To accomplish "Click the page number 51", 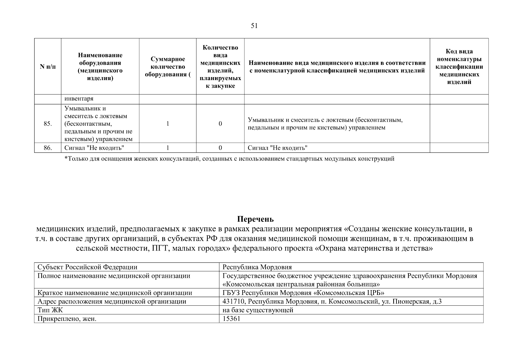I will coord(254,26).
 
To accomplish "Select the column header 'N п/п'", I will coord(48,67).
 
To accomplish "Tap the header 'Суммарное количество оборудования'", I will coord(168,67).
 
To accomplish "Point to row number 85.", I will coord(48,124).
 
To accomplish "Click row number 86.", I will coord(48,148).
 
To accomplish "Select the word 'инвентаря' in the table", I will coord(79,99).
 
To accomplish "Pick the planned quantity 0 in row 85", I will coord(220,124).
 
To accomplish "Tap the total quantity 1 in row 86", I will coord(168,148).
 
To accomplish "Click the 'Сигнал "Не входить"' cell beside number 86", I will coord(94,148).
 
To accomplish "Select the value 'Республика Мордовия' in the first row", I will coord(257,267).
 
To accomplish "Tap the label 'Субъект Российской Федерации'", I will coord(87,267).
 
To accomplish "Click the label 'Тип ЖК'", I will coord(50,310).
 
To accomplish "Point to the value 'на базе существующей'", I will coord(258,310).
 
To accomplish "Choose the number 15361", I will coord(231,319).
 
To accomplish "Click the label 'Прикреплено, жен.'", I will coord(67,319).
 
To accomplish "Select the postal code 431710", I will coord(233,301).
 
